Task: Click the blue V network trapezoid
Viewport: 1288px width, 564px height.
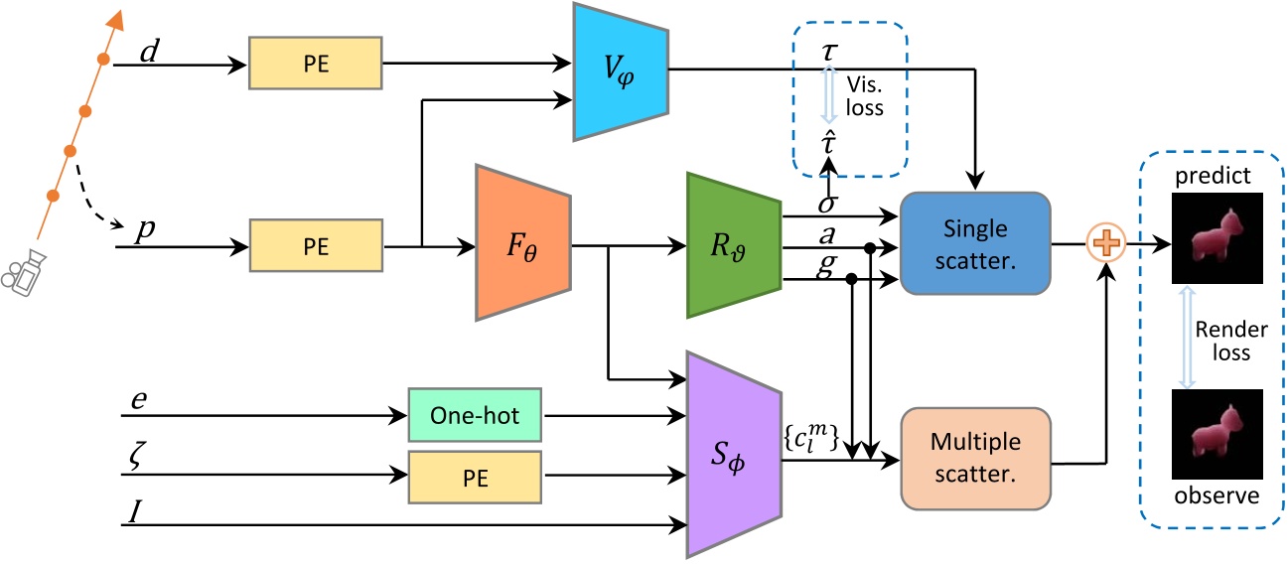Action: point(620,70)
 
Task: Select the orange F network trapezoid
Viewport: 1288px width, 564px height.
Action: point(522,242)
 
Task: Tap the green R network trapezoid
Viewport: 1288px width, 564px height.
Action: point(731,244)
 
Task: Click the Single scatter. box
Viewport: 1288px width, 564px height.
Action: point(974,242)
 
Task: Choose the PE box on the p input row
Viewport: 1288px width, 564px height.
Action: point(315,243)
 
